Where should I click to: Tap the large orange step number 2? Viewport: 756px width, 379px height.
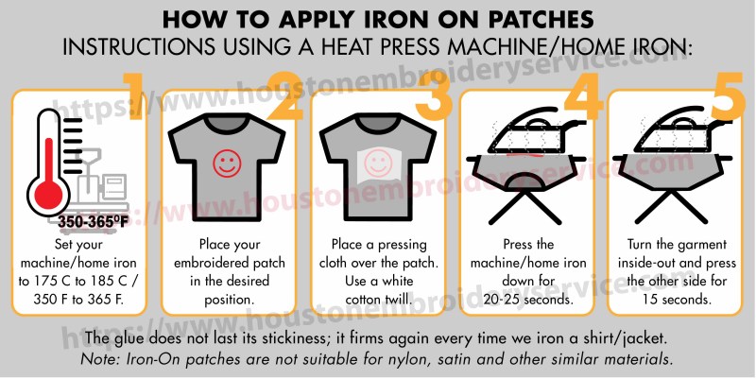pos(283,96)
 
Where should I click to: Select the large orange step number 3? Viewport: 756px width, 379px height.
pos(434,96)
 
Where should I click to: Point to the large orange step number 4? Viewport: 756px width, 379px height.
pos(583,96)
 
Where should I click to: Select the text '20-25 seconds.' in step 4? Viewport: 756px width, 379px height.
pos(528,300)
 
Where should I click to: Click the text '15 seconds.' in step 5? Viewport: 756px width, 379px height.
pos(677,300)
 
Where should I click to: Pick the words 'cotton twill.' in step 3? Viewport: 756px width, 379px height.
pos(379,300)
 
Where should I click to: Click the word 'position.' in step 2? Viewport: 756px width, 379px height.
pos(229,300)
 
